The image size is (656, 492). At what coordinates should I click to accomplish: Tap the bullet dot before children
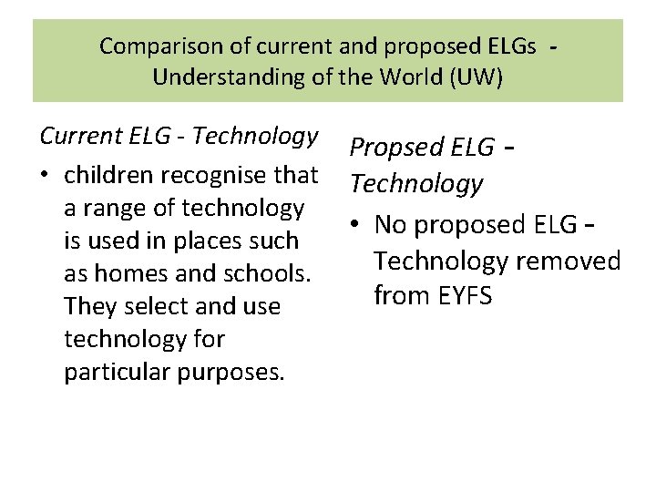click(x=46, y=174)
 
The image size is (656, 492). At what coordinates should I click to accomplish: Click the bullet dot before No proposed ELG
click(x=358, y=224)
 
